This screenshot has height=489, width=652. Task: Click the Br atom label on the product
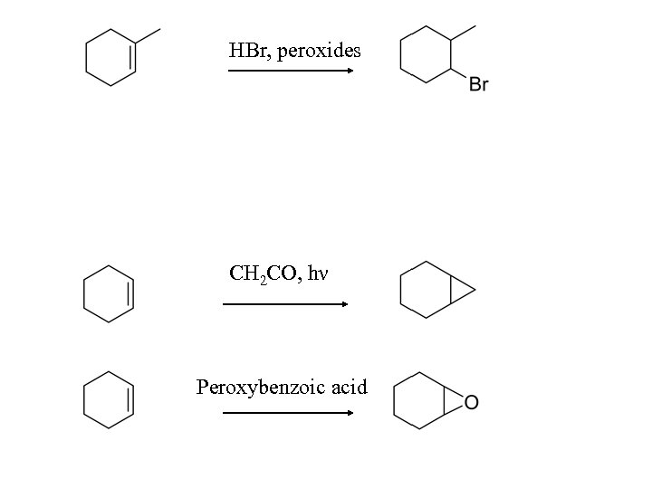coord(478,85)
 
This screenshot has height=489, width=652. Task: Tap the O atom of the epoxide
coord(471,402)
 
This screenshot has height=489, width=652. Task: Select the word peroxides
coord(319,52)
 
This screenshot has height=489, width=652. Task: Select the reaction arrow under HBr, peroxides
coord(290,71)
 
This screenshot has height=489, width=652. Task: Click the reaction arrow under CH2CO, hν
coord(285,304)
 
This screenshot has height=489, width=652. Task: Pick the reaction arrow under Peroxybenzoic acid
coord(288,413)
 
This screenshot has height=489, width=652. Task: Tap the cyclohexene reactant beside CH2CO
coord(109,292)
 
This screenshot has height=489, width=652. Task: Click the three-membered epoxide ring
coord(455,402)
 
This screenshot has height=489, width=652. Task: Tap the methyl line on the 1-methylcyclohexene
coord(148,36)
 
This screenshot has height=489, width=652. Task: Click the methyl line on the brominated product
coord(464,33)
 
